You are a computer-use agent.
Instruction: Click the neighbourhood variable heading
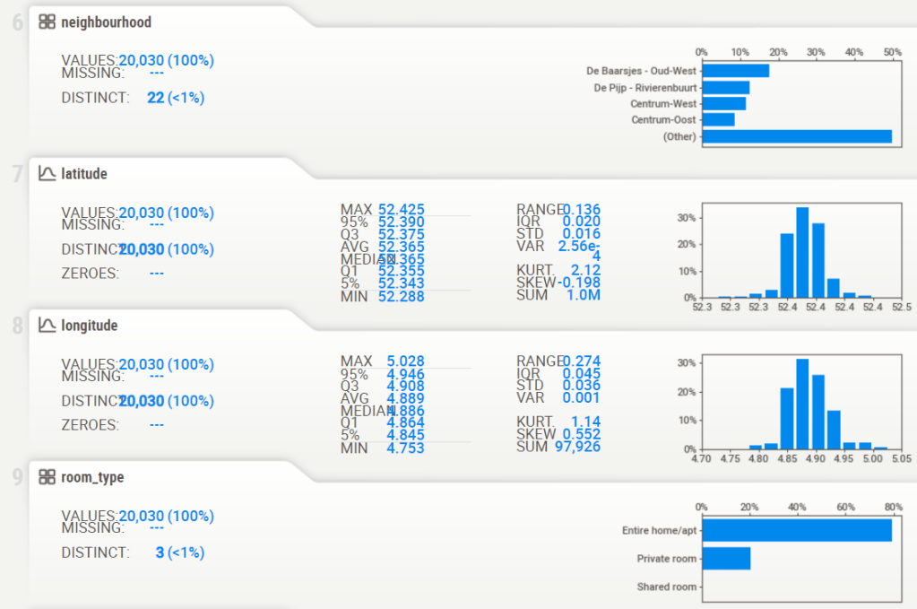point(106,22)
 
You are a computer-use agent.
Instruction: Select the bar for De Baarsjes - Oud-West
point(735,71)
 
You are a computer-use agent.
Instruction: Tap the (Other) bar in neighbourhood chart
point(796,136)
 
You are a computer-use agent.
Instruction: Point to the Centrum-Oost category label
point(663,119)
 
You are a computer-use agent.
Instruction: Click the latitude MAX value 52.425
point(402,210)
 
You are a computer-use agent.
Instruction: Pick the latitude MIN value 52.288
point(402,296)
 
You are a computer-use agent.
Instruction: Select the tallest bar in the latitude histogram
point(802,252)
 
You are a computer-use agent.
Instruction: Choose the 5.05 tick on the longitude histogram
point(902,458)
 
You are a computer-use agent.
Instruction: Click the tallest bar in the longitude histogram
point(802,404)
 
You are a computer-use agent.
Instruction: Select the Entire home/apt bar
point(796,531)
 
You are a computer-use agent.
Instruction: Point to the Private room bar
point(726,559)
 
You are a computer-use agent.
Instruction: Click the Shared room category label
point(666,587)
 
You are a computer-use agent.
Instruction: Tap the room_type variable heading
point(92,477)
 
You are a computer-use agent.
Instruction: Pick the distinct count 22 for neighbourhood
point(156,97)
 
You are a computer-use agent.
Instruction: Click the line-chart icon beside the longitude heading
point(47,326)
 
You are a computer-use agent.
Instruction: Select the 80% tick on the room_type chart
point(893,507)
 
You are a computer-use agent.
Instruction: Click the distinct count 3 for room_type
point(160,552)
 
